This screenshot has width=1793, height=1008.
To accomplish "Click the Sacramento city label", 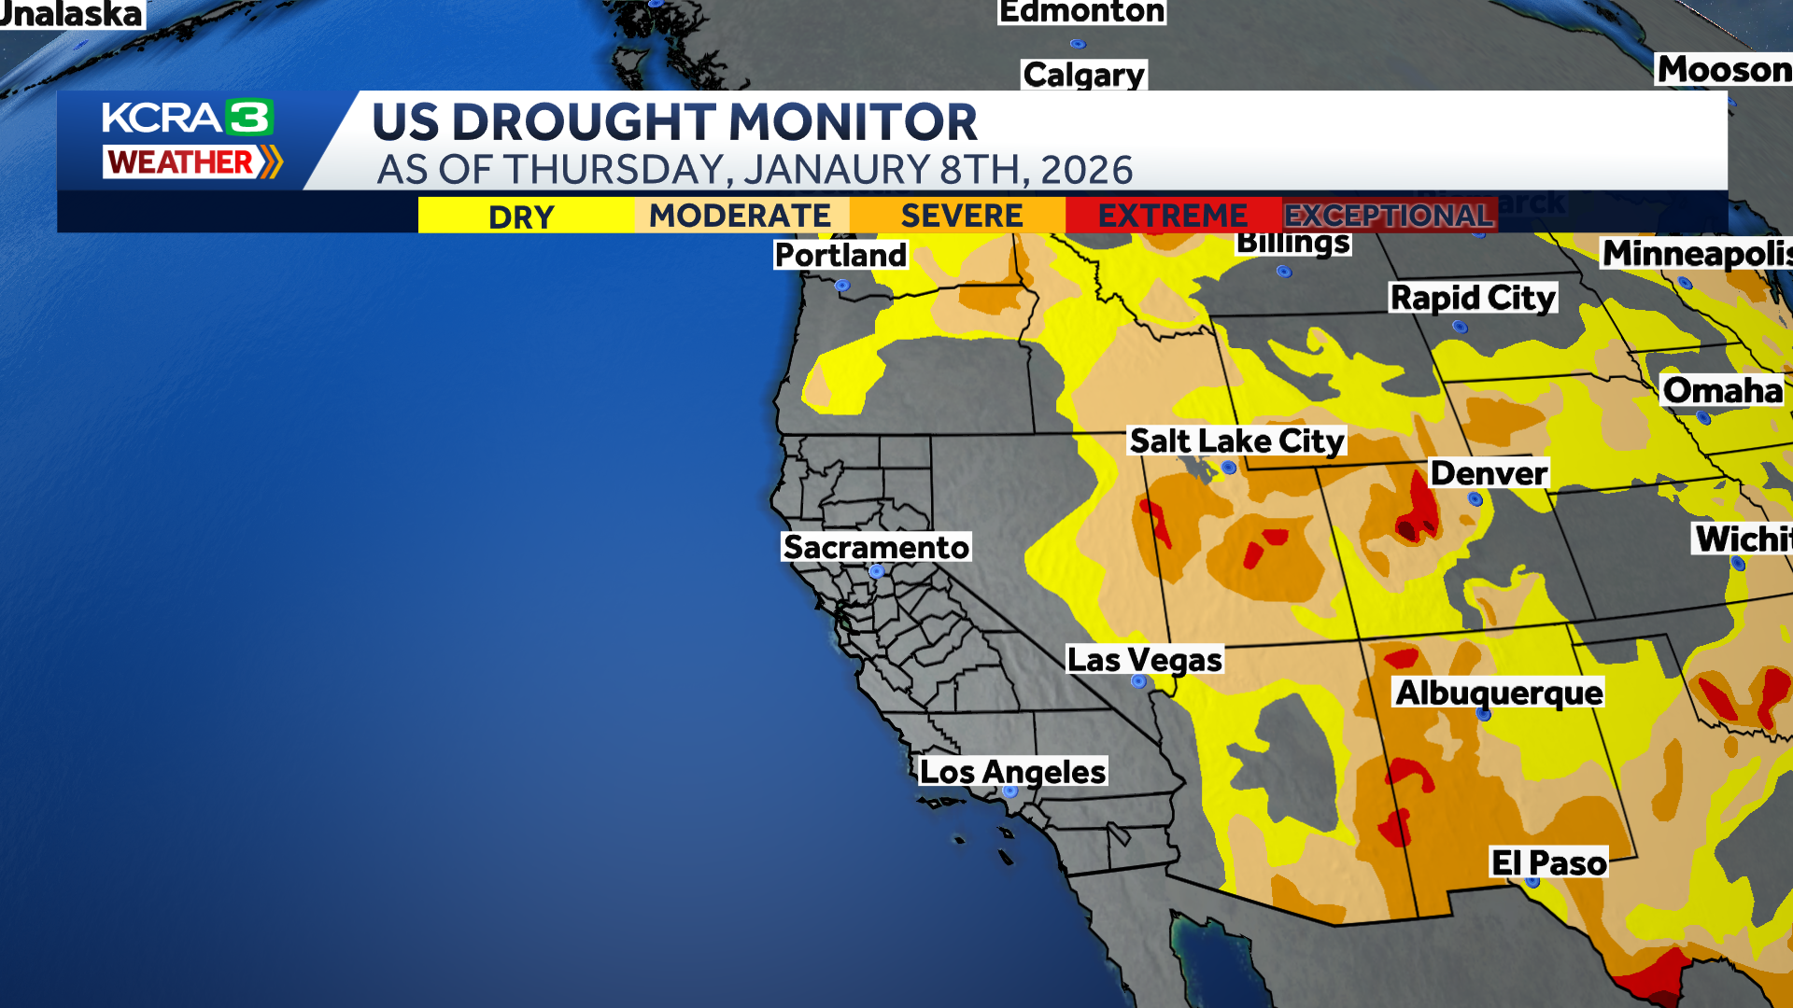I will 876,547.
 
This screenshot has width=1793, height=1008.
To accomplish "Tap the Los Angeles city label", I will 1012,772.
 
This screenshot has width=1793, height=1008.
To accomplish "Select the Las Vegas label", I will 1144,660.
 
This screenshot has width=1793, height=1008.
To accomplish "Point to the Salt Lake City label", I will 1236,441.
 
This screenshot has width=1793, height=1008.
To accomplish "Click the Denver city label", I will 1489,473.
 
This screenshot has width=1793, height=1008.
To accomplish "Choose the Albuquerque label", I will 1499,693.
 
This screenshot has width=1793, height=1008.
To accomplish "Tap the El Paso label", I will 1548,863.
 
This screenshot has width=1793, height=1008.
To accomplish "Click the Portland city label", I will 840,255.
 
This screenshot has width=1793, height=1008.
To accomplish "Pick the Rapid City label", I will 1473,298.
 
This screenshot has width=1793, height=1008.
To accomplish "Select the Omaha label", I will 1723,390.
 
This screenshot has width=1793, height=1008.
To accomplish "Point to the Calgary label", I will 1083,75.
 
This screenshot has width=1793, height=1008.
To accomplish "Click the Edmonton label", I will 1081,12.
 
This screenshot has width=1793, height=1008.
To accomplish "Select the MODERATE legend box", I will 741,216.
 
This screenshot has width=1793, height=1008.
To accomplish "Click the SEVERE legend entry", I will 961,216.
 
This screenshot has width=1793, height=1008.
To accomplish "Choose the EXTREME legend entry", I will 1172,216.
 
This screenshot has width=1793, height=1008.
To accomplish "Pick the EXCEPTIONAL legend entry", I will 1389,216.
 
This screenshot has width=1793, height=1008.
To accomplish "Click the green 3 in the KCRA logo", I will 249,118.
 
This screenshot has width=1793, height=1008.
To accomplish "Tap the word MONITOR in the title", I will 852,122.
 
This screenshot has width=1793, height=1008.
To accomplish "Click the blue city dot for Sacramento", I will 876,571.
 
